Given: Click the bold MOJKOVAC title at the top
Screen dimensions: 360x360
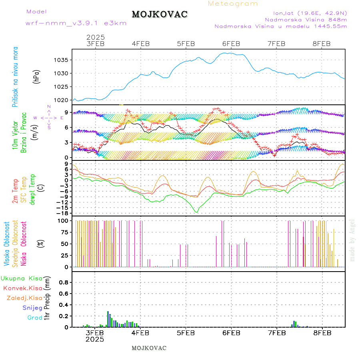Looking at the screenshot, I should pyautogui.click(x=160, y=14).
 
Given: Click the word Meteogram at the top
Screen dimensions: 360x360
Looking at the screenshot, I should pyautogui.click(x=233, y=4).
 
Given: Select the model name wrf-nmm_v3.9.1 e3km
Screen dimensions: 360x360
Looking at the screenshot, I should pyautogui.click(x=76, y=23).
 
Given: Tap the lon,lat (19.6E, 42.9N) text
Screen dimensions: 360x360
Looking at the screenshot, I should pyautogui.click(x=310, y=13).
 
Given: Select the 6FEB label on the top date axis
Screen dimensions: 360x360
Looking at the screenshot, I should pyautogui.click(x=231, y=44).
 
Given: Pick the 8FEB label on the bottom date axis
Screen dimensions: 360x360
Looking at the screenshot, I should pyautogui.click(x=322, y=332).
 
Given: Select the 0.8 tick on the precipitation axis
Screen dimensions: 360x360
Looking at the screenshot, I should pyautogui.click(x=64, y=282).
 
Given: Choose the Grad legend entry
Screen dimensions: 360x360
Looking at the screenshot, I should pyautogui.click(x=35, y=318).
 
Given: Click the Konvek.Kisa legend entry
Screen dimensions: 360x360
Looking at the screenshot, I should pyautogui.click(x=23, y=288).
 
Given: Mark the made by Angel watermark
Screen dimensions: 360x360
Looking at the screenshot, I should pyautogui.click(x=352, y=240).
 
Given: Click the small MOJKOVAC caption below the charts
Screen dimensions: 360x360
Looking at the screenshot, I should pyautogui.click(x=149, y=348).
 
